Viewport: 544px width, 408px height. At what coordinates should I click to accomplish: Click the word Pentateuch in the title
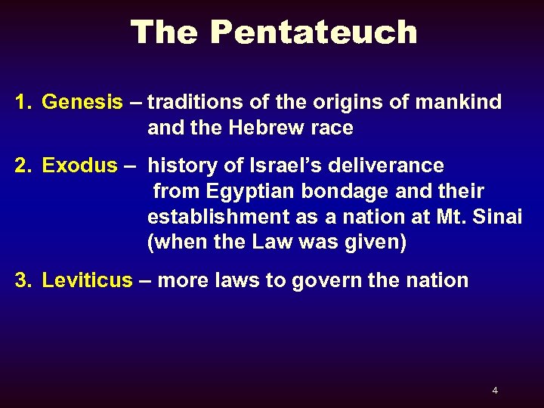pos(314,32)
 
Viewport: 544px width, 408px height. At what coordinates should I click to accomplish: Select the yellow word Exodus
pos(79,165)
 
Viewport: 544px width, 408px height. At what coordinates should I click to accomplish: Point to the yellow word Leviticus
pos(87,280)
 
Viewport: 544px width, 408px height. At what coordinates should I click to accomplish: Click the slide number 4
pos(495,391)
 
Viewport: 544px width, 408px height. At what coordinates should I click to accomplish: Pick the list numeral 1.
pos(22,102)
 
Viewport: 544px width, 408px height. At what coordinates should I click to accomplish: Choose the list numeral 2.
pos(22,165)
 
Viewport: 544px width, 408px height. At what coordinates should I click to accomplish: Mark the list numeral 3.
pos(22,280)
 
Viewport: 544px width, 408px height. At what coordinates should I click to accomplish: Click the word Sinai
pos(499,217)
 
